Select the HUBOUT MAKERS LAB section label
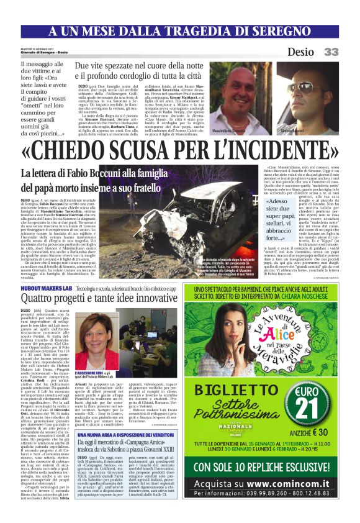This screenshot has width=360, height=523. tap(46, 290)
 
